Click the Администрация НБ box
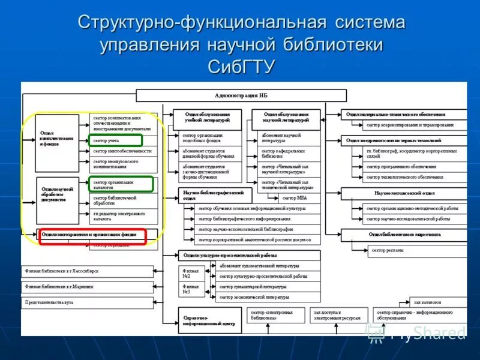(241, 95)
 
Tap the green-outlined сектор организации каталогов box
(121, 184)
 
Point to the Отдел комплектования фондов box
(58, 142)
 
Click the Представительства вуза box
(87, 303)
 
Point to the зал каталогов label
(427, 303)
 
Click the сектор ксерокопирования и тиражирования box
(415, 125)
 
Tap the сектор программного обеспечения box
(415, 167)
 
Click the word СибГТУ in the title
(241, 65)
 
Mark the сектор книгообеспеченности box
(123, 151)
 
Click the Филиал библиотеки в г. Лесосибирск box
(87, 271)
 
